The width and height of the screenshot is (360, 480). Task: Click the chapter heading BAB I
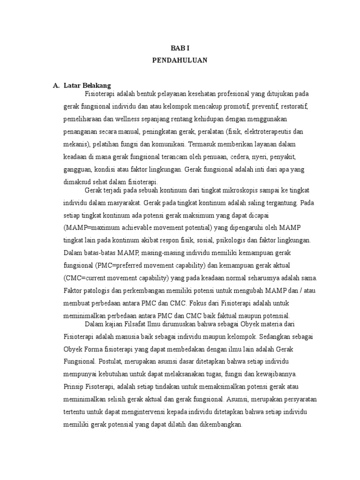(x=180, y=48)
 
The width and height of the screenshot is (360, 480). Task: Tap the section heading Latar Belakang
(x=87, y=85)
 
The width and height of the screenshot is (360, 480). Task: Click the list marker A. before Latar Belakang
(x=57, y=85)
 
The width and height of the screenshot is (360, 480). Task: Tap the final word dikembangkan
(x=217, y=425)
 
